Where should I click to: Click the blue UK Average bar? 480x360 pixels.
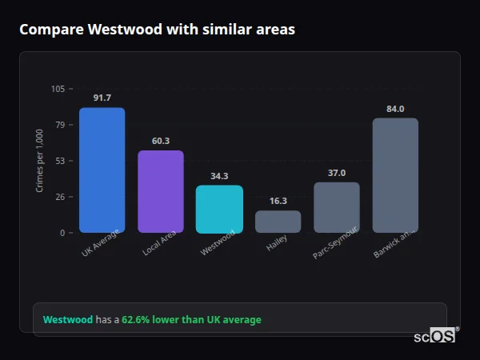pos(102,170)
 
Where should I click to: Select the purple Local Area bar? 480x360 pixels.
pos(161,191)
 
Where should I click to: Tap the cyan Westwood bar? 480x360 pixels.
pos(219,209)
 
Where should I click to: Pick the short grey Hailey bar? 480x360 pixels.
pos(278,222)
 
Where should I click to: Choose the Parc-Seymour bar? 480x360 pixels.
pos(337,207)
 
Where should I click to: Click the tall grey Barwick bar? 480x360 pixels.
pos(395,175)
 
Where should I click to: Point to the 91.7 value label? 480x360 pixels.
pos(102,98)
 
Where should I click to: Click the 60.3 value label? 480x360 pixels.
pos(161,141)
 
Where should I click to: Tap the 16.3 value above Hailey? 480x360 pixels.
pos(278,201)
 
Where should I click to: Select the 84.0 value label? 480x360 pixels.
pos(395,109)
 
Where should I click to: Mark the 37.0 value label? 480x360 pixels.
pos(337,173)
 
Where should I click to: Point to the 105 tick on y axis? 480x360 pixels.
pos(58,89)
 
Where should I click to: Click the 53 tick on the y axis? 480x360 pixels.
pos(60,161)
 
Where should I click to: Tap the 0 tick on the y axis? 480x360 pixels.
pos(62,233)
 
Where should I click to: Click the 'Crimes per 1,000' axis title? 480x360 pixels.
pos(40,160)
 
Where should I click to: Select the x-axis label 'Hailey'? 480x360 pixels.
pos(278,244)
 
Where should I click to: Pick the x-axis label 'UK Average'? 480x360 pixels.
pos(101,243)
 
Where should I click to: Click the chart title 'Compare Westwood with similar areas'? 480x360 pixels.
pos(157,30)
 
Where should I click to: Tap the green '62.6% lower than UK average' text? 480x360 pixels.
pos(191,320)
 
